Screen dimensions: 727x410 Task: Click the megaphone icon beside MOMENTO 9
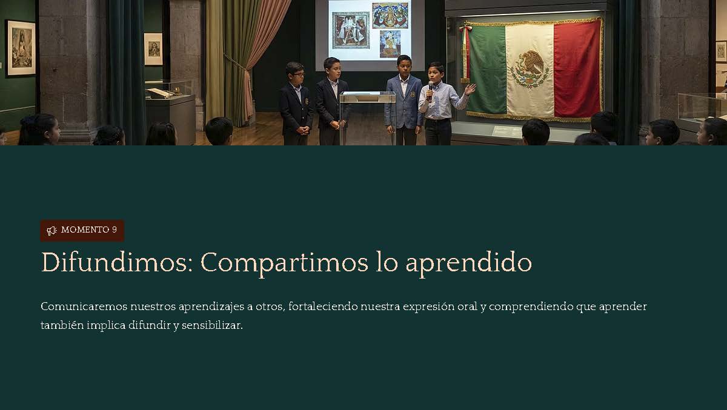(x=51, y=231)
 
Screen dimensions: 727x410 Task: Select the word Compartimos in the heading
(x=285, y=263)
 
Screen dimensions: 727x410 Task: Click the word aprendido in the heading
(x=469, y=263)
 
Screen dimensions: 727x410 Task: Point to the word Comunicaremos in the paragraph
(x=84, y=306)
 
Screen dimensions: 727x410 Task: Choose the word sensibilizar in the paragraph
(x=212, y=325)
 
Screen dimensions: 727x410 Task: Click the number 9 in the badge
(x=115, y=230)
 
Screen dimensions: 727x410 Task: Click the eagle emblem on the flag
(x=529, y=69)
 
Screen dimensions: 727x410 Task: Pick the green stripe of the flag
(x=487, y=69)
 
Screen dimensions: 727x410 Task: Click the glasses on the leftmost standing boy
(x=299, y=74)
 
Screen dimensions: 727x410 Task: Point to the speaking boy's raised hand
(x=470, y=88)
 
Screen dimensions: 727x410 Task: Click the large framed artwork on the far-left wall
(x=21, y=48)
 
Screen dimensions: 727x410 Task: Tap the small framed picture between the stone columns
(x=153, y=48)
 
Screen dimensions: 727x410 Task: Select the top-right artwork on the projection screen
(x=390, y=15)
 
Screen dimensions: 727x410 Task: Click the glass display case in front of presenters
(x=367, y=117)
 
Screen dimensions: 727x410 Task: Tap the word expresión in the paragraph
(x=428, y=307)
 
